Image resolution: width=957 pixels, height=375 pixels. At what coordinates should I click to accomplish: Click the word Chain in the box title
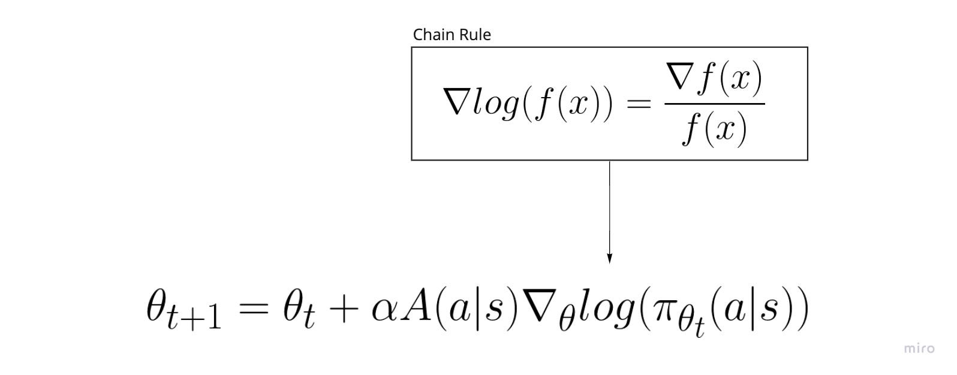431,35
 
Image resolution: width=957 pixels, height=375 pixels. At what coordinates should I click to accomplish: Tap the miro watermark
919,348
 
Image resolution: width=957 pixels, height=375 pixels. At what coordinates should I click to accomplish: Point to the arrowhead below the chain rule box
610,258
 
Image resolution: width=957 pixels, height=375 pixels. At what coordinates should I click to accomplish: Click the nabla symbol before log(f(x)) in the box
455,102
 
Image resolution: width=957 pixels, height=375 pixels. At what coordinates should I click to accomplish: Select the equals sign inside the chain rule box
638,104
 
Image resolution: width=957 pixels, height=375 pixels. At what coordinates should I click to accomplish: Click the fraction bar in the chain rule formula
714,104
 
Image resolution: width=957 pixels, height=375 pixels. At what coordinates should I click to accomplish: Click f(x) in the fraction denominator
715,129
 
